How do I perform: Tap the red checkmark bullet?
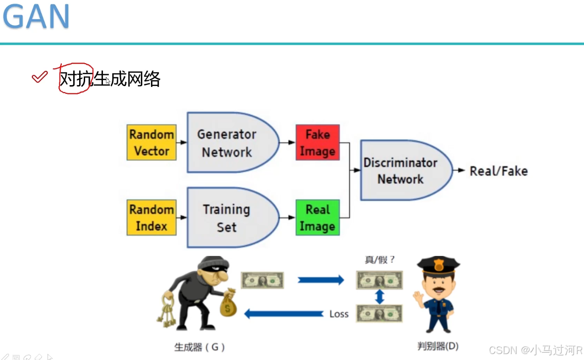pyautogui.click(x=40, y=77)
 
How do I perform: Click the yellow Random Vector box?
pyautogui.click(x=151, y=142)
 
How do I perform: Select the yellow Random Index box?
pyautogui.click(x=151, y=218)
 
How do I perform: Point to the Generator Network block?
pyautogui.click(x=229, y=142)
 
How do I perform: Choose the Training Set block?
pyautogui.click(x=229, y=218)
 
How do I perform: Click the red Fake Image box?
pyautogui.click(x=318, y=142)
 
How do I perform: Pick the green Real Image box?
pyautogui.click(x=318, y=218)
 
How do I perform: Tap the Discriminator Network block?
pyautogui.click(x=403, y=170)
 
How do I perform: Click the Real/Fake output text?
pyautogui.click(x=498, y=171)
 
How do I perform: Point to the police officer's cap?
pyautogui.click(x=438, y=265)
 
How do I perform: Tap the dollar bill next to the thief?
pyautogui.click(x=262, y=280)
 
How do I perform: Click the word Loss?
pyautogui.click(x=339, y=314)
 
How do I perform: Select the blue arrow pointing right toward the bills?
pyautogui.click(x=320, y=280)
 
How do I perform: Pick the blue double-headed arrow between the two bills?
pyautogui.click(x=379, y=297)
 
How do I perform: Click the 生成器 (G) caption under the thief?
pyautogui.click(x=200, y=347)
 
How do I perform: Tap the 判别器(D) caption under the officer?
pyautogui.click(x=438, y=346)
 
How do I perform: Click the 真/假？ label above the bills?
pyautogui.click(x=379, y=260)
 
